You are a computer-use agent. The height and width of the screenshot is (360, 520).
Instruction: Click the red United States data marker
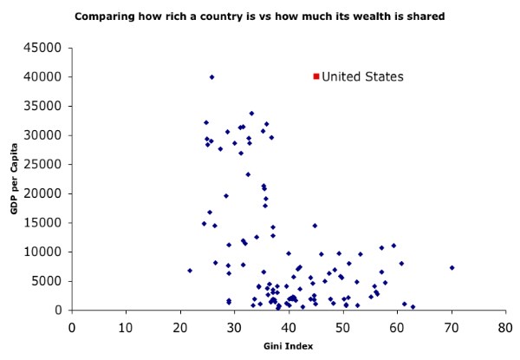[x=316, y=76]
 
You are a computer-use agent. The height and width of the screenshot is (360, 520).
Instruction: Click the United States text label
[x=362, y=76]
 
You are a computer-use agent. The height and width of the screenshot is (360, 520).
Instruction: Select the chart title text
[x=259, y=16]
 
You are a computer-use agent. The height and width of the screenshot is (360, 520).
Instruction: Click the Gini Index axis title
[x=288, y=345]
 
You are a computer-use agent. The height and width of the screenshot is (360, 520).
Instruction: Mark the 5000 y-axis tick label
[x=51, y=281]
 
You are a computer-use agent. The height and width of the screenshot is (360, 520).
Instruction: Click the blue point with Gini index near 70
[x=452, y=268]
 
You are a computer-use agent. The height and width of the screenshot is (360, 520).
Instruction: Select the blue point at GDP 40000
[x=211, y=77]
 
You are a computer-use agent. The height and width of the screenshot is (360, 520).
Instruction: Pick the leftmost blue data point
[x=190, y=271]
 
